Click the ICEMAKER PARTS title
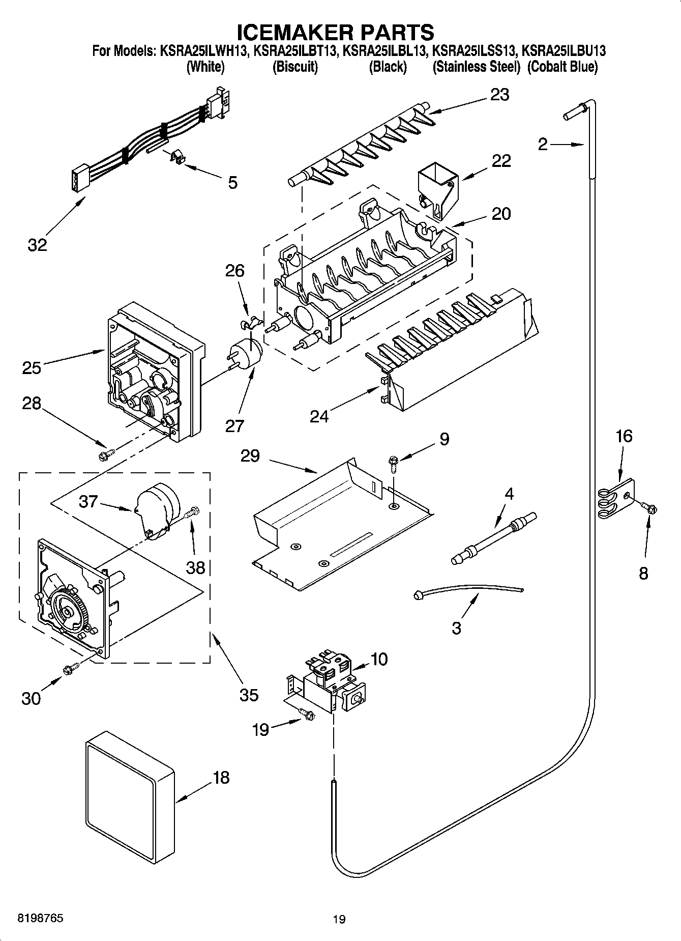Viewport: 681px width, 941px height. [x=336, y=32]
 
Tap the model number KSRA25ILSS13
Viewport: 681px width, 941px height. [x=474, y=51]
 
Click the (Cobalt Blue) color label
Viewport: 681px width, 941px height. [x=562, y=67]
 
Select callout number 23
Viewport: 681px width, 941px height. [x=499, y=95]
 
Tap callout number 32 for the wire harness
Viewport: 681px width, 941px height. [x=37, y=245]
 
